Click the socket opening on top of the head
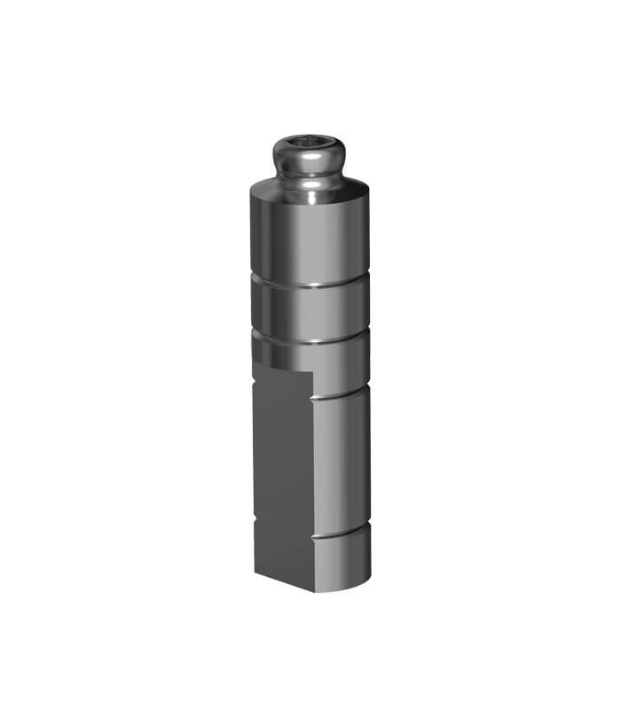click(x=308, y=142)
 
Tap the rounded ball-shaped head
click(x=308, y=160)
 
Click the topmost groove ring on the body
click(x=310, y=283)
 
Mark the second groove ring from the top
click(x=310, y=338)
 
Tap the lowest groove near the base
click(x=342, y=534)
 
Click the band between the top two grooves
click(x=310, y=310)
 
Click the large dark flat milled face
click(x=281, y=470)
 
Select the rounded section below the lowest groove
click(x=342, y=563)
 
